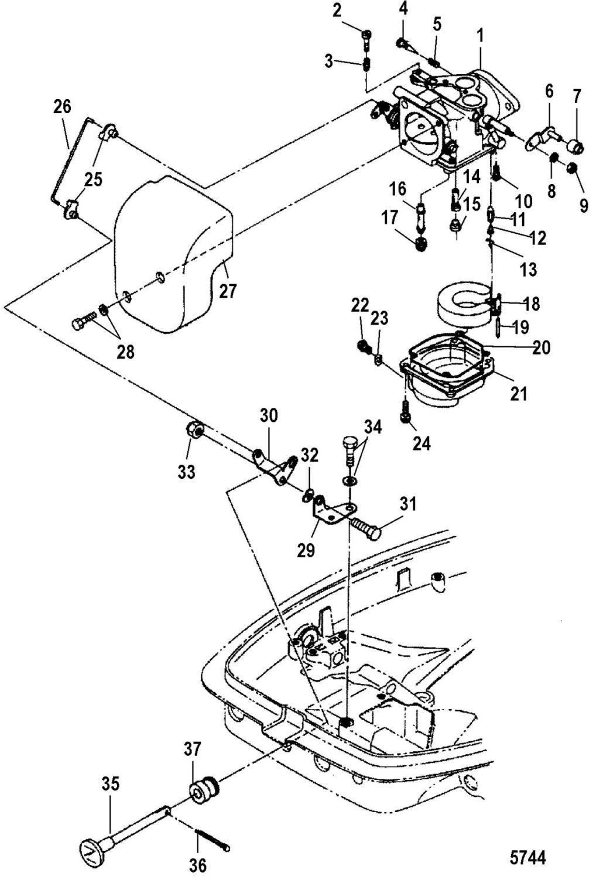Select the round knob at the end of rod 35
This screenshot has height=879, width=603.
tap(90, 850)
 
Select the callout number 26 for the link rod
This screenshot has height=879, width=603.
tap(61, 107)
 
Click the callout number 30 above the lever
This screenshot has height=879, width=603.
tap(269, 416)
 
